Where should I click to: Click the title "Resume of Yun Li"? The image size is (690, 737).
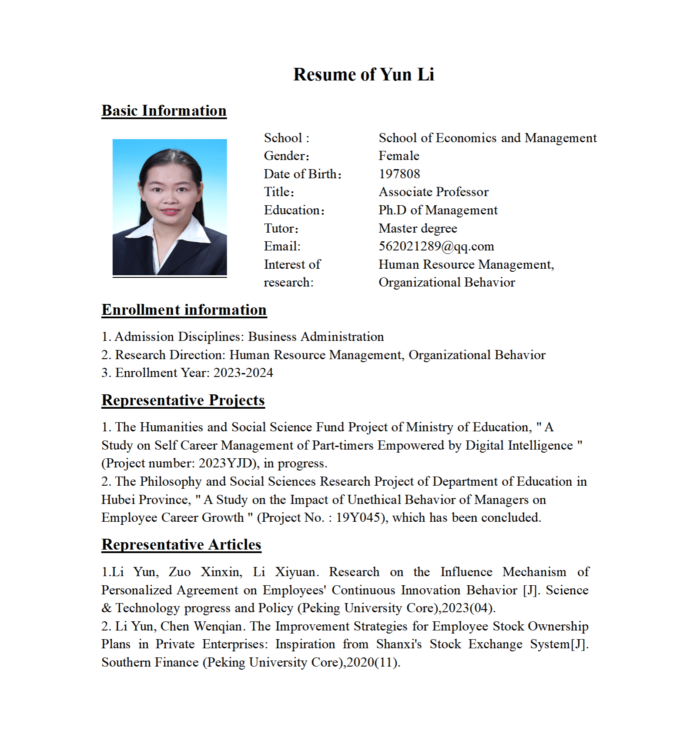point(364,74)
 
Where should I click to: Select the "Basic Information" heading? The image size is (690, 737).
point(164,111)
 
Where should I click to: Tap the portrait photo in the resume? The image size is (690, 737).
point(170,207)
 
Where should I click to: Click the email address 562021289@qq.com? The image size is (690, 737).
point(436,247)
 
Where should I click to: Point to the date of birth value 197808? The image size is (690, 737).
point(399,174)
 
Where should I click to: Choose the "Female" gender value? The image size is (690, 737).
point(399,156)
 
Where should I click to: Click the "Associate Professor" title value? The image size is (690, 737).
point(433,192)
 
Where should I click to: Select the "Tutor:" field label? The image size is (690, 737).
point(281,228)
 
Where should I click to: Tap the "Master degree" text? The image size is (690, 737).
point(418,228)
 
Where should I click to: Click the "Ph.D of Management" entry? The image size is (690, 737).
point(438,210)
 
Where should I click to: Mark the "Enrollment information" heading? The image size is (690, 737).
point(184,310)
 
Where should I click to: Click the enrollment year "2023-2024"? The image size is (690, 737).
point(243,373)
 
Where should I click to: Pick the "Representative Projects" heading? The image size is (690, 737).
point(183,400)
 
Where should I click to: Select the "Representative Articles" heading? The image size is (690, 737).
point(181,545)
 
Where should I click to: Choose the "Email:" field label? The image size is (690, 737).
point(282,247)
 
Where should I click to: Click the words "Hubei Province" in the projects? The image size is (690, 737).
point(146,500)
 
